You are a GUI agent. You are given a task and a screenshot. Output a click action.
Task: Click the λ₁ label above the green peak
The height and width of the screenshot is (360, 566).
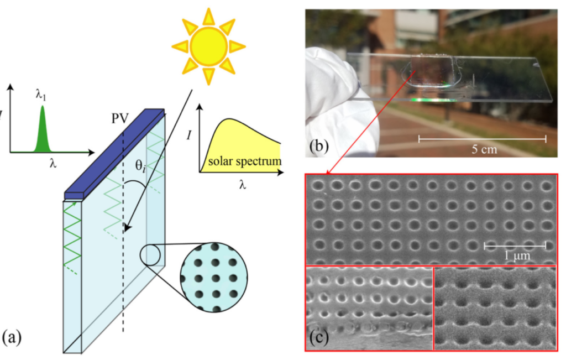pyautogui.click(x=41, y=96)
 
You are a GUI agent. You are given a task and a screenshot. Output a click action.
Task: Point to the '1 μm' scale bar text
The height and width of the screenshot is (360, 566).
pyautogui.click(x=517, y=257)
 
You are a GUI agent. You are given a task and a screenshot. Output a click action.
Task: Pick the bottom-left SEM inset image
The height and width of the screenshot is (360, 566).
pyautogui.click(x=369, y=307)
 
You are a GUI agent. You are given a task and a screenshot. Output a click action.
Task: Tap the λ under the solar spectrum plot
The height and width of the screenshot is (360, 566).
pyautogui.click(x=242, y=185)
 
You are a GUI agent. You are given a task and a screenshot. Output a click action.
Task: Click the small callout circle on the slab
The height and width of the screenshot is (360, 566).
pyautogui.click(x=153, y=255)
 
